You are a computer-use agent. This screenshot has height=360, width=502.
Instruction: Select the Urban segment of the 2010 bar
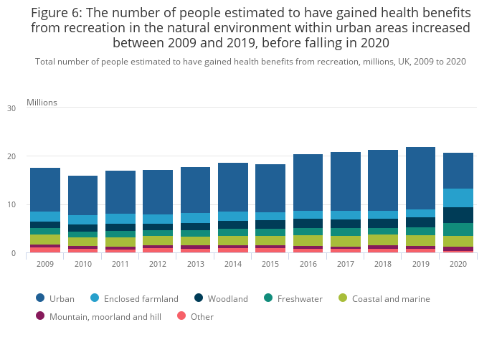(82, 195)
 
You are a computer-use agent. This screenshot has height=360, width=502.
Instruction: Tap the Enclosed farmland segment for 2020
(458, 198)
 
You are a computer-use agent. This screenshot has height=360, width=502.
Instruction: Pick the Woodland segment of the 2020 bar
(458, 215)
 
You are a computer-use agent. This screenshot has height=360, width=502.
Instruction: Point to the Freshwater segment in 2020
(458, 229)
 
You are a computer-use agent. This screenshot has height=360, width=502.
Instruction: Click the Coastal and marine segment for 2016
(308, 240)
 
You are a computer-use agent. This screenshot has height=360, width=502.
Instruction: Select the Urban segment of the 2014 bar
(232, 187)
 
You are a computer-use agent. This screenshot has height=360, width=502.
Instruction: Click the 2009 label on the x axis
(45, 264)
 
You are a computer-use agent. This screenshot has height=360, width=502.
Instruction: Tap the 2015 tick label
(270, 264)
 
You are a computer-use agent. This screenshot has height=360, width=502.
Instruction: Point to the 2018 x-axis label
(383, 264)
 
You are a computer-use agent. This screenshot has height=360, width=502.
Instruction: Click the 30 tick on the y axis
(11, 108)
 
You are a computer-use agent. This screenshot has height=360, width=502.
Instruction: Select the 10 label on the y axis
(11, 205)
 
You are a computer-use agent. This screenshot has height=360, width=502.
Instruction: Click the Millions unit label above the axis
(42, 103)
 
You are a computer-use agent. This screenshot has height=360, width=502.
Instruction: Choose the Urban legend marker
(40, 298)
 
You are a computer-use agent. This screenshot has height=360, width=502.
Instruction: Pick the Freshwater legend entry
(298, 298)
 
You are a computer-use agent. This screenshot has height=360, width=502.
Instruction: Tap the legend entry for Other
(202, 316)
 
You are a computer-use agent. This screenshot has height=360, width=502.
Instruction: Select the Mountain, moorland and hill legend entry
(105, 316)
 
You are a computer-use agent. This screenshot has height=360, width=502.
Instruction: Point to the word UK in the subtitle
(390, 62)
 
